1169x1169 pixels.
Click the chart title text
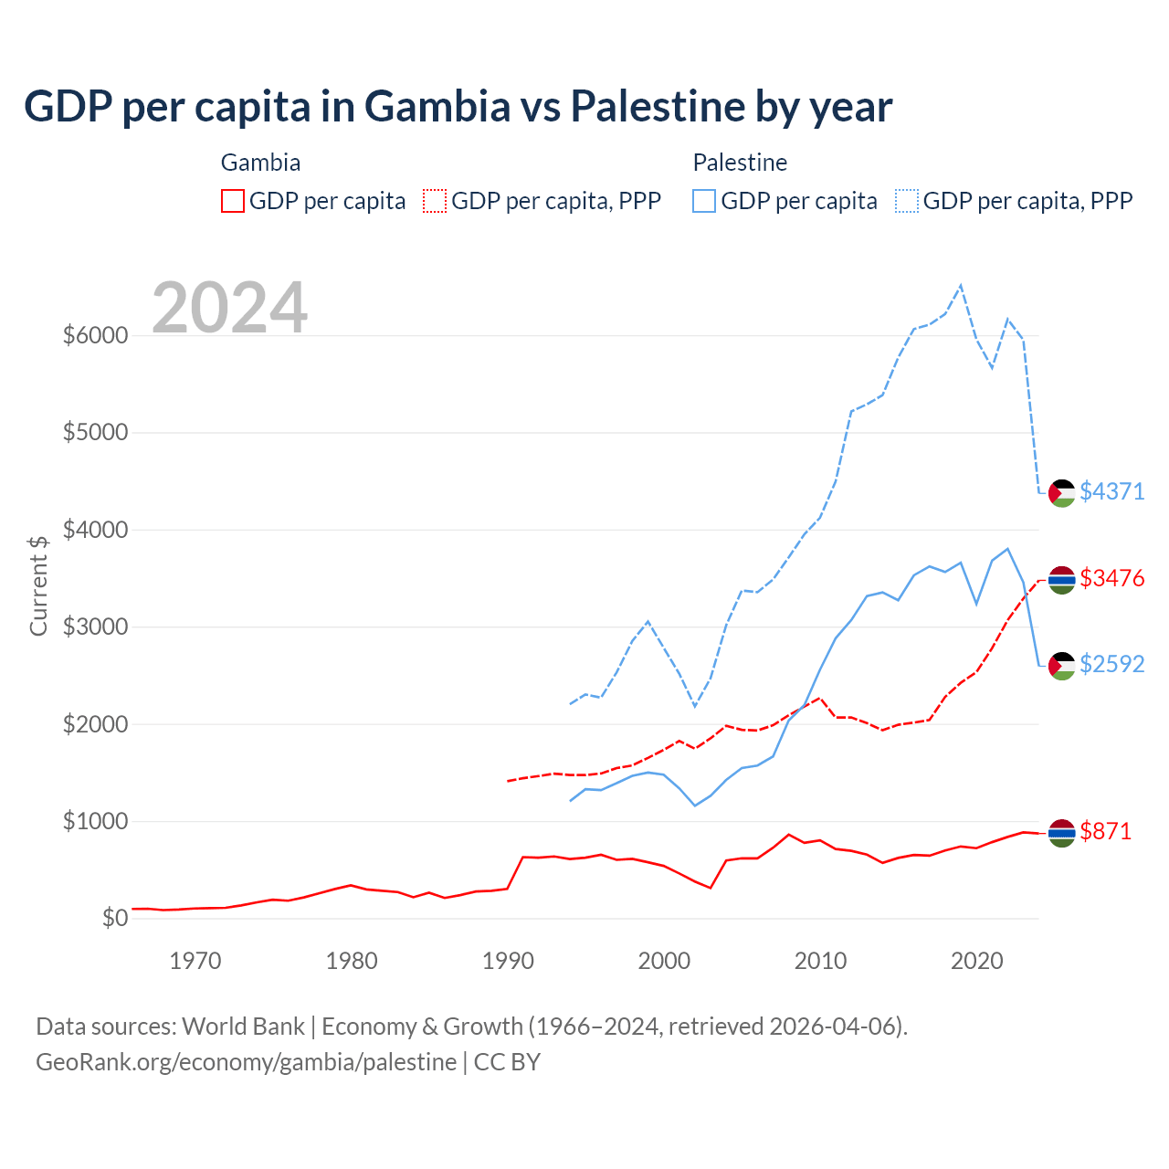[x=458, y=107]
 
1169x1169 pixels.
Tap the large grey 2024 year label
[x=229, y=308]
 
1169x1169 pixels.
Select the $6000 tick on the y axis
[x=95, y=335]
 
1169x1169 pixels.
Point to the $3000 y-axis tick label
[x=95, y=627]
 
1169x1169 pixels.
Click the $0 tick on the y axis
[x=114, y=918]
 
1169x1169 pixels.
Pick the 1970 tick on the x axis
[x=195, y=961]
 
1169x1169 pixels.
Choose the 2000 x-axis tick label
[x=664, y=961]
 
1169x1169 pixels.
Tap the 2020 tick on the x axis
[x=977, y=961]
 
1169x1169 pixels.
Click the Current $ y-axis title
[x=38, y=584]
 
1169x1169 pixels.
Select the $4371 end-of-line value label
[x=1111, y=491]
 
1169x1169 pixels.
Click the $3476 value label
[x=1111, y=578]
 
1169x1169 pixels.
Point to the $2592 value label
[x=1111, y=664]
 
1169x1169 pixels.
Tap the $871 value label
[x=1105, y=831]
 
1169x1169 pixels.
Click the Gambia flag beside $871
[x=1061, y=833]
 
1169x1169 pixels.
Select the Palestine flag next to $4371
[x=1061, y=493]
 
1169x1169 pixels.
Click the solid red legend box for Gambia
[x=233, y=201]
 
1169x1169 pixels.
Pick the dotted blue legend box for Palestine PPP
[x=907, y=201]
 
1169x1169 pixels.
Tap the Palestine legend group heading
[x=740, y=163]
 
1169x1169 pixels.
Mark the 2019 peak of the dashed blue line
[x=961, y=285]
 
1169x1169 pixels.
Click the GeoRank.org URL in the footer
[x=247, y=1062]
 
